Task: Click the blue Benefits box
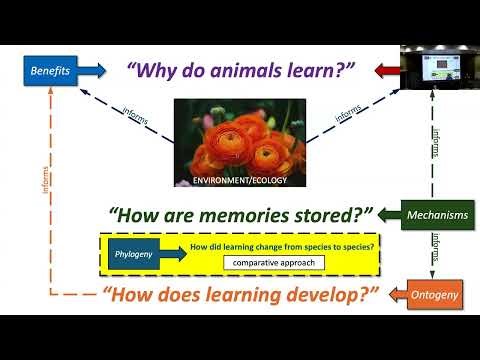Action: click(x=49, y=71)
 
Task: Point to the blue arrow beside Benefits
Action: click(x=91, y=71)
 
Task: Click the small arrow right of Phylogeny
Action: click(x=174, y=254)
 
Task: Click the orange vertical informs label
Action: click(x=46, y=190)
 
